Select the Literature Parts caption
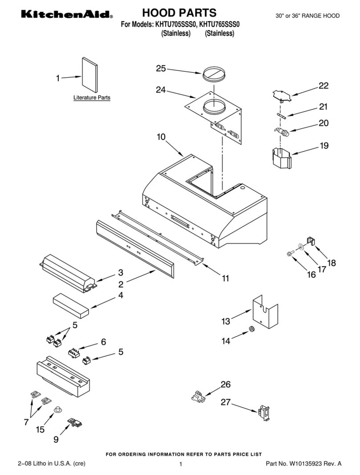point(92,97)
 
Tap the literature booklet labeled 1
point(90,74)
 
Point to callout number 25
point(161,68)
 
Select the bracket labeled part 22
point(282,95)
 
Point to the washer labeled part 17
point(301,247)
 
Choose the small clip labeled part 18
point(312,241)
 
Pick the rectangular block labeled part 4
point(71,305)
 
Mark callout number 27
point(226,402)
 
